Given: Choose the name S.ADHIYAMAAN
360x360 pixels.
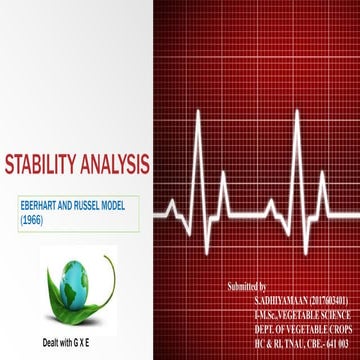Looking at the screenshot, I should tap(285, 300).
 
